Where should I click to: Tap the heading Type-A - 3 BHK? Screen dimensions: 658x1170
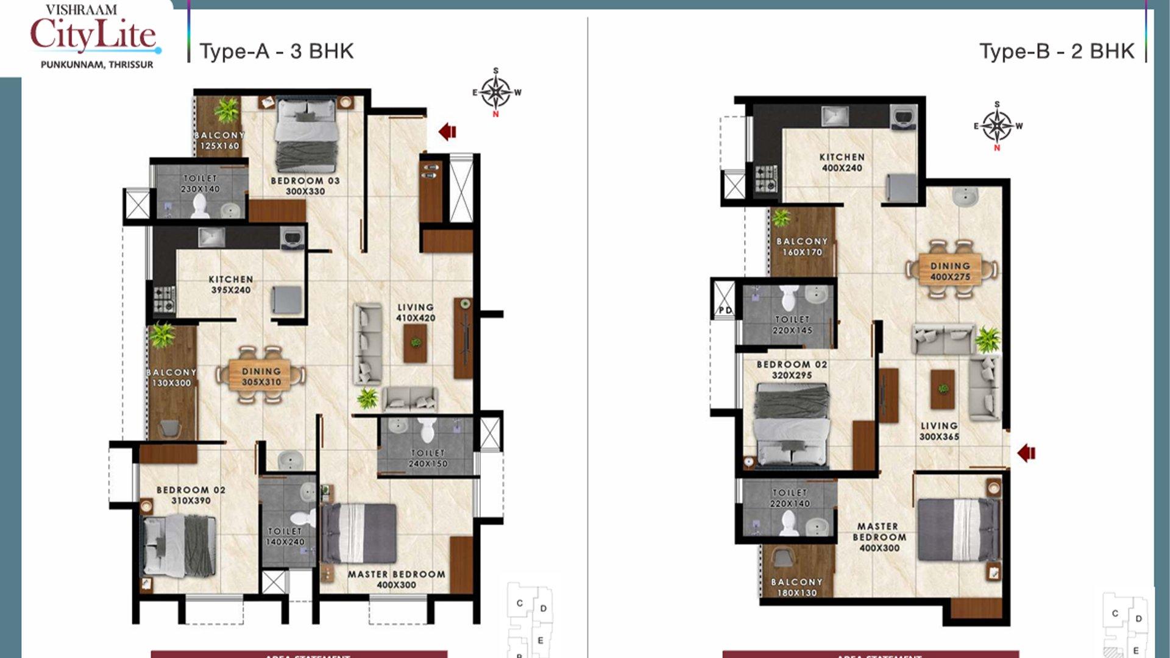point(276,51)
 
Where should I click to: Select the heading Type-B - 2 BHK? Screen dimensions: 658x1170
point(1057,51)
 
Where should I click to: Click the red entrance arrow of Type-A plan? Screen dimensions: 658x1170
point(448,131)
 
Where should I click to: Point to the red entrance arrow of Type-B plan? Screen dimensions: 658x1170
point(1027,453)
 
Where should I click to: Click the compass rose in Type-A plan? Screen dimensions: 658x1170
point(496,93)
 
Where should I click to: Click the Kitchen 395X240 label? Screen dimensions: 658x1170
point(231,285)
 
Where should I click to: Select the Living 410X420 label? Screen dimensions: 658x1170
point(416,313)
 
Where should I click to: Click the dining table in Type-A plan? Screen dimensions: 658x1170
point(261,377)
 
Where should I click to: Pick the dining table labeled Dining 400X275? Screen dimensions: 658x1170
point(950,271)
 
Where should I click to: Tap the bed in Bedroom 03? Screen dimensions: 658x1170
point(307,135)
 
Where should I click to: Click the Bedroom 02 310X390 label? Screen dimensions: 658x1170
point(191,495)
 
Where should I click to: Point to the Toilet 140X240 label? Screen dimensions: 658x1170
point(285,536)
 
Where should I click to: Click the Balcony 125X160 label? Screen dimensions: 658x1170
point(219,140)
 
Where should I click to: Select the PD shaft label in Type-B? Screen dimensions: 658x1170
point(725,310)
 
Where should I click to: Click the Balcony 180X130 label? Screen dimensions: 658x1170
point(796,587)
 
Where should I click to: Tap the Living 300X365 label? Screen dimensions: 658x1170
point(939,431)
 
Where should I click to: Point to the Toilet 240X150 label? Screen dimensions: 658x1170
point(428,458)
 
